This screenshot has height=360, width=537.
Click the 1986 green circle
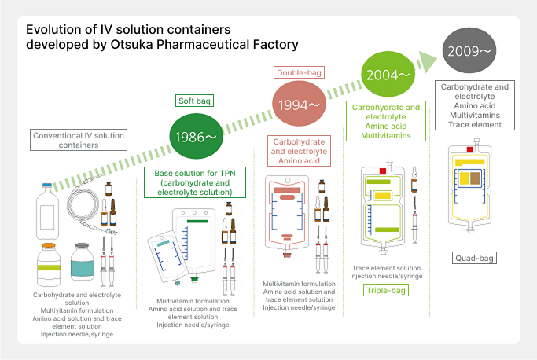tap(194, 136)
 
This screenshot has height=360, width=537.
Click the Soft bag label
tap(194, 101)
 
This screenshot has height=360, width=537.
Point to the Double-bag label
tap(297, 72)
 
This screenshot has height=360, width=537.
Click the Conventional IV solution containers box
tap(79, 140)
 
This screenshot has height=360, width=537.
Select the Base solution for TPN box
tap(194, 181)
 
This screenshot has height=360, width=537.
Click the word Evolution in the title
tap(55, 29)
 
